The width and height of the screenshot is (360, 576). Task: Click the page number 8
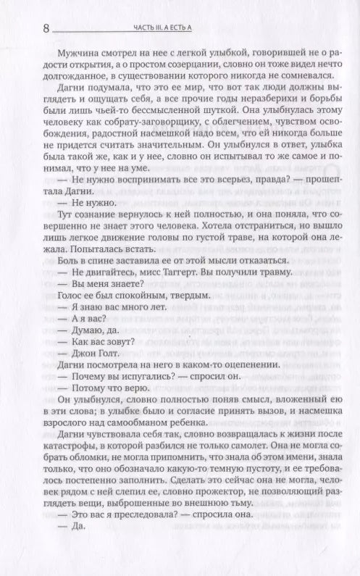[46, 29]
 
